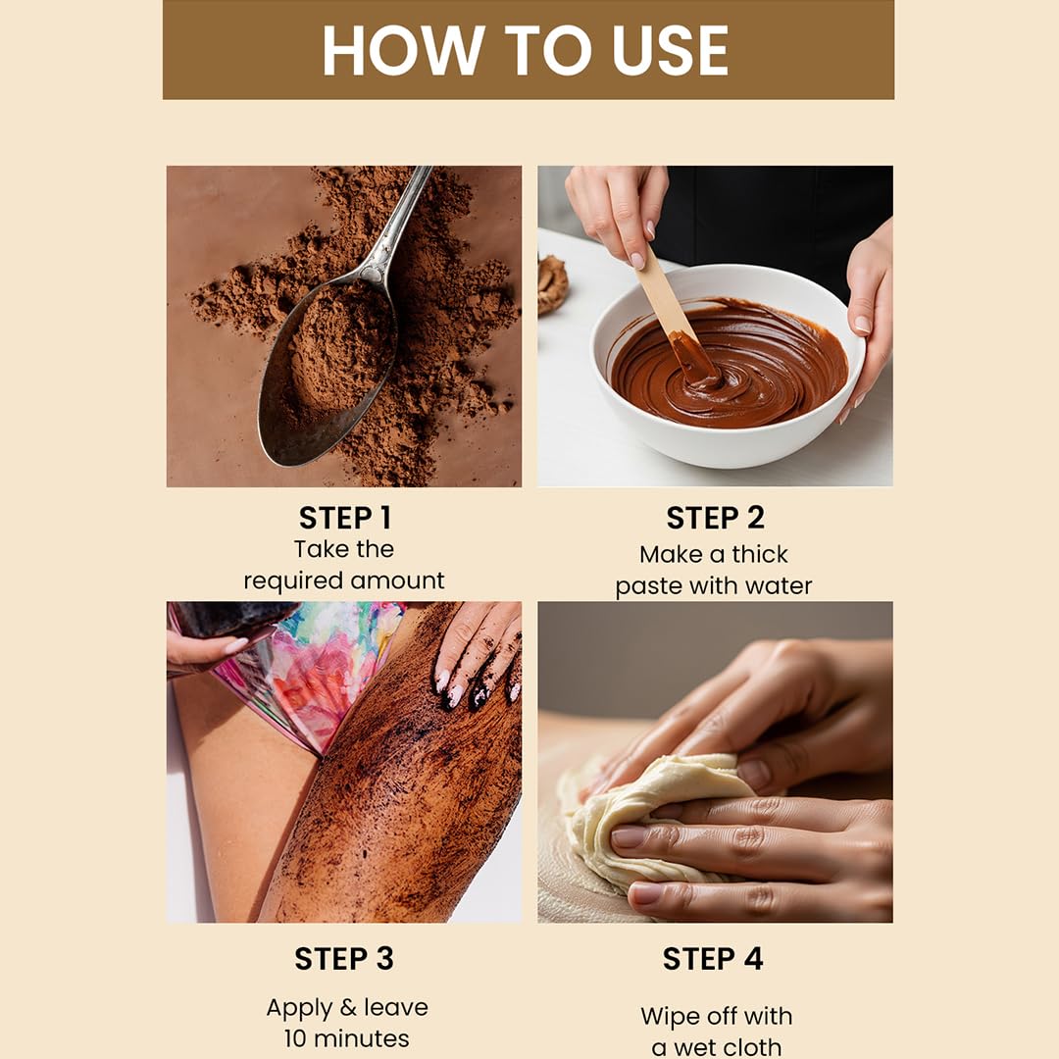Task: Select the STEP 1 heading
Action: coord(344,518)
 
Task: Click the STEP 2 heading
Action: coord(715,518)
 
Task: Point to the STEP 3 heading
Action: coord(344,959)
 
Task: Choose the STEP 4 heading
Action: coord(713,959)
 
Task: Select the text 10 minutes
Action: coord(346,1038)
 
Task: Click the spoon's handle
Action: coord(402,221)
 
